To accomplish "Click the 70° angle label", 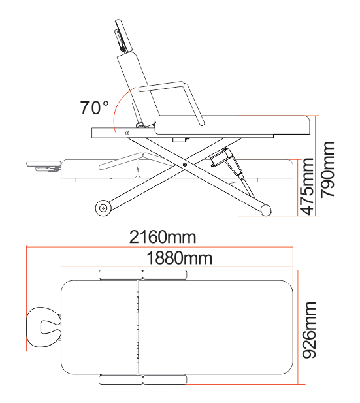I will pos(95,108).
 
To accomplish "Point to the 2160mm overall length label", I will pos(163,237).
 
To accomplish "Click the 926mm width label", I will pos(310,330).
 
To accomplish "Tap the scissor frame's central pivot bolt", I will pos(186,165).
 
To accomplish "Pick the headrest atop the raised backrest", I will pos(122,36).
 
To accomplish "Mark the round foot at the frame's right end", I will pos(266,210).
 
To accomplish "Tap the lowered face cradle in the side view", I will pos(43,163).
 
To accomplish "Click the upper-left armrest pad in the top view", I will pos(118,274).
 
